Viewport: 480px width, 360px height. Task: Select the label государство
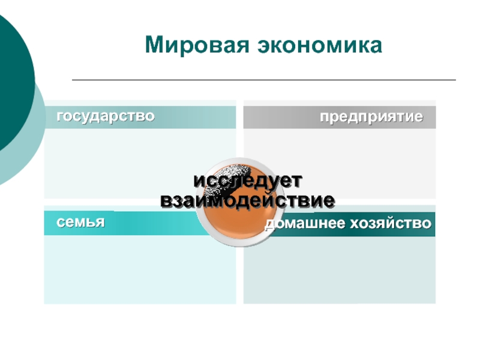click(106, 115)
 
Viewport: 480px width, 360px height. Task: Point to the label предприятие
click(371, 116)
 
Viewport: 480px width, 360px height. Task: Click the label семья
click(81, 221)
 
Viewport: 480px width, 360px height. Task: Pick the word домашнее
click(302, 224)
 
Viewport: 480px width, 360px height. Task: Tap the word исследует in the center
click(247, 180)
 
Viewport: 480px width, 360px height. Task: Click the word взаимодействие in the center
click(247, 199)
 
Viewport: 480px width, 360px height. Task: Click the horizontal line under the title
click(264, 80)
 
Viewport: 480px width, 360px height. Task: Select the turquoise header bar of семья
click(150, 223)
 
